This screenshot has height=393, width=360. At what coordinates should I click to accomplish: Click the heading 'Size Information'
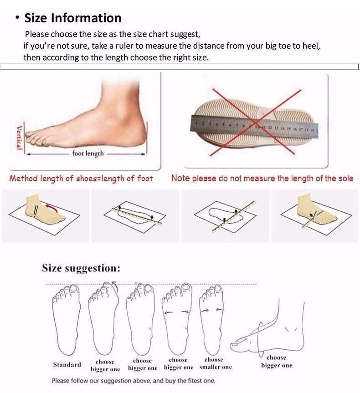[x=72, y=18]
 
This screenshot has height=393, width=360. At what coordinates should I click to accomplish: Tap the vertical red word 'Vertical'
[x=19, y=138]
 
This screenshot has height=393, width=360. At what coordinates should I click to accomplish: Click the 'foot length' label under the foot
[x=88, y=154]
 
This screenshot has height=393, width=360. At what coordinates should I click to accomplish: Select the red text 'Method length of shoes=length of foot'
[x=81, y=179]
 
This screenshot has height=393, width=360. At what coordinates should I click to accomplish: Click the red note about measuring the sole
[x=262, y=179]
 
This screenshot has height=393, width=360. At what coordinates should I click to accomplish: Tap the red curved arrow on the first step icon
[x=53, y=209]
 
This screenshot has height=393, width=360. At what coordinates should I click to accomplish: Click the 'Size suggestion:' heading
[x=81, y=268]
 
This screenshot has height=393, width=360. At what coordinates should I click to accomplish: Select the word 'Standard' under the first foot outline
[x=67, y=364]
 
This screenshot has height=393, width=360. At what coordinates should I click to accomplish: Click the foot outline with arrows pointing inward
[x=212, y=321]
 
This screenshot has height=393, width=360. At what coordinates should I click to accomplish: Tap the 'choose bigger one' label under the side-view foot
[x=276, y=361]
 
